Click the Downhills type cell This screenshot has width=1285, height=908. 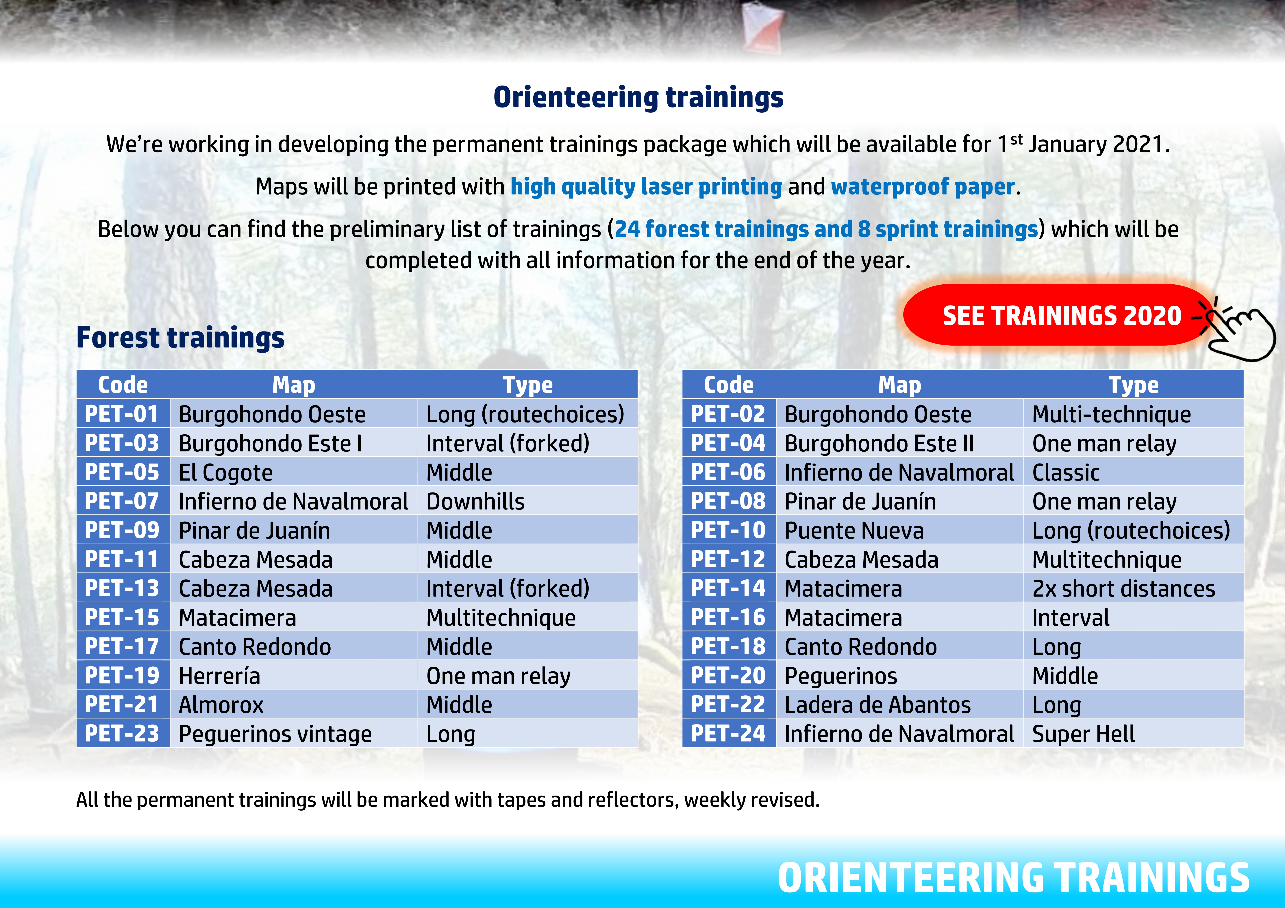tap(527, 501)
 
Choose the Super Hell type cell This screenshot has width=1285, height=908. tap(1133, 733)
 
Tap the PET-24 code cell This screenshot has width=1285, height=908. tap(729, 733)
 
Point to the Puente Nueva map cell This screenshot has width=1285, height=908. tap(899, 530)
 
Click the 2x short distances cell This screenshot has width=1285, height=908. tap(1133, 589)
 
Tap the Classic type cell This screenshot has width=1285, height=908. tap(1133, 472)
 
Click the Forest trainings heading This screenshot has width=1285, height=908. tap(180, 338)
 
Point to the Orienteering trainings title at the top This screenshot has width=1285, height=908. tap(639, 97)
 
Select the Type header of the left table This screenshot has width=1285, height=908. tap(527, 385)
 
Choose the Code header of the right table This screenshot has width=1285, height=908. tap(729, 385)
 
